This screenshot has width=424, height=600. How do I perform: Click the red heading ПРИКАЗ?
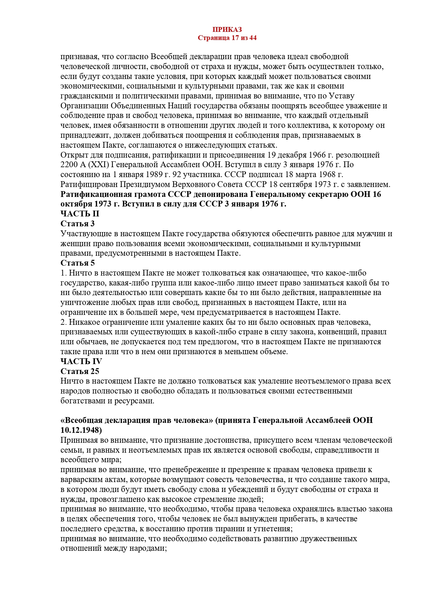(x=227, y=30)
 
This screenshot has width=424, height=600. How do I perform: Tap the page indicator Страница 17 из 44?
(x=227, y=38)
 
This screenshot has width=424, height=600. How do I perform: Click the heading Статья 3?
(x=78, y=224)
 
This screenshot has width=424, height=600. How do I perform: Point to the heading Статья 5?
(x=78, y=263)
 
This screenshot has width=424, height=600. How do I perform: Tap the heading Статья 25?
(x=80, y=371)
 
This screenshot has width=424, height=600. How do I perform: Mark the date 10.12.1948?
(x=81, y=430)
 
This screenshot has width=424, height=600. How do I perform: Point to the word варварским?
(x=81, y=479)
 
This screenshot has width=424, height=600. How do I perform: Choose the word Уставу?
(x=342, y=96)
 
